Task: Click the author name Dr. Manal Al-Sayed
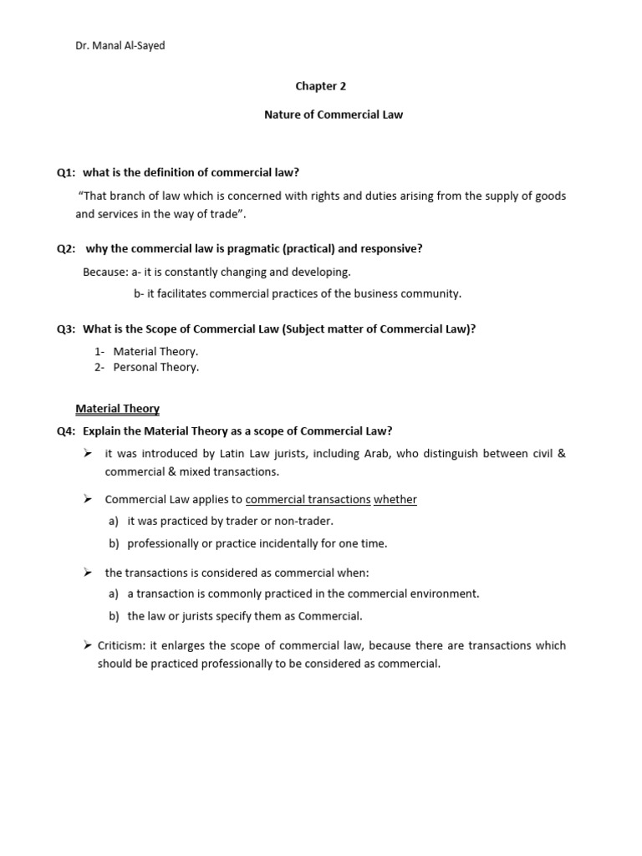point(120,46)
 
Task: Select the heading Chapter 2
point(320,86)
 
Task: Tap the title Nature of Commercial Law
point(334,115)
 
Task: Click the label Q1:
point(66,172)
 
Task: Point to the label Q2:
point(66,249)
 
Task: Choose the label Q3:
point(66,329)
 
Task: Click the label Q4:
point(66,431)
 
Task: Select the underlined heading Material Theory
point(117,409)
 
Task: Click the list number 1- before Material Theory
point(99,351)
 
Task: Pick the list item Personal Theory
point(156,367)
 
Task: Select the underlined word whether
point(395,499)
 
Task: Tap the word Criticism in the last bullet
point(120,645)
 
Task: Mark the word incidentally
point(293,543)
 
